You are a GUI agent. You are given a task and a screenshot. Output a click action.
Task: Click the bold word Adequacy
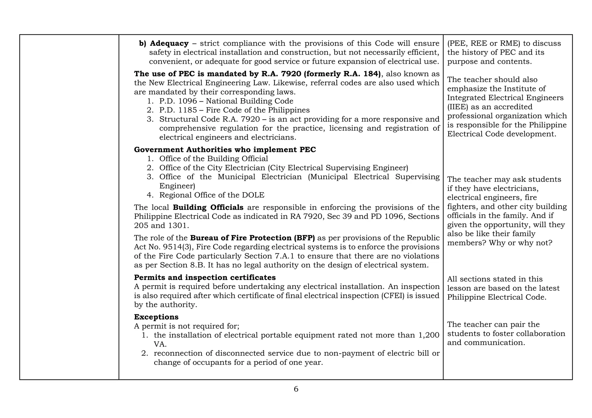(x=169, y=43)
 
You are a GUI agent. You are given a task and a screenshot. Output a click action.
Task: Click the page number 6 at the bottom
(x=296, y=389)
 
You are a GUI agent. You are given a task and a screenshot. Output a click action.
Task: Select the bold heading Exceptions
(x=156, y=317)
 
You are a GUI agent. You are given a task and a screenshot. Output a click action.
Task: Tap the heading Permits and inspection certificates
(x=205, y=277)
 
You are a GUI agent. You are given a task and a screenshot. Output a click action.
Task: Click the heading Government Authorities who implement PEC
(x=225, y=150)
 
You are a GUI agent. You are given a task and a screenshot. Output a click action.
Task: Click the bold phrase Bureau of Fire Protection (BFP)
(x=252, y=238)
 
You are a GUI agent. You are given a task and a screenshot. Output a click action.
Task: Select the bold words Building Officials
(x=208, y=208)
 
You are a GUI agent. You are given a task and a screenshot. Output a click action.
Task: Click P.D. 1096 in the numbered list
(x=178, y=101)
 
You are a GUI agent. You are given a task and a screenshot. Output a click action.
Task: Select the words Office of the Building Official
(x=214, y=159)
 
